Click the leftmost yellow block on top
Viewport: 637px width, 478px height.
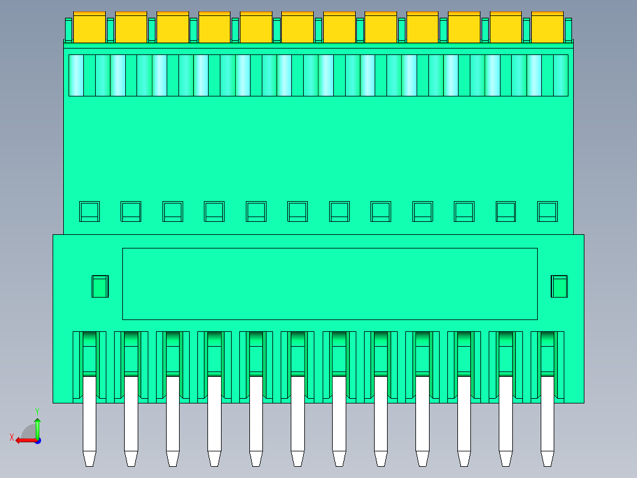[x=89, y=28]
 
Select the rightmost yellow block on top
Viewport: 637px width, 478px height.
[x=547, y=28]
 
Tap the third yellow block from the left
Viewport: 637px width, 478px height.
[x=173, y=28]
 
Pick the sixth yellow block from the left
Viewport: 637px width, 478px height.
[x=297, y=28]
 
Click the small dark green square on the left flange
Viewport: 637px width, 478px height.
[x=100, y=286]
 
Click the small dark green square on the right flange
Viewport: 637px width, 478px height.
[x=559, y=286]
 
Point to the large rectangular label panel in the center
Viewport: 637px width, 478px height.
[x=330, y=284]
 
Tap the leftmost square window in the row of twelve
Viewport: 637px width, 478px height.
[x=89, y=211]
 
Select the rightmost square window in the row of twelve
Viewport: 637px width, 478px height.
[x=547, y=211]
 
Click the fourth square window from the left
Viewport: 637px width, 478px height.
[x=214, y=211]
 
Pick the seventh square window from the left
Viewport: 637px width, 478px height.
[x=339, y=211]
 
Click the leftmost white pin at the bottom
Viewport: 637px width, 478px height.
[x=89, y=414]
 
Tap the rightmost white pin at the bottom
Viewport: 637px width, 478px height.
[x=547, y=414]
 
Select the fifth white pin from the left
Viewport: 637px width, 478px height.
[x=256, y=414]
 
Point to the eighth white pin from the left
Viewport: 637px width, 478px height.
[x=381, y=414]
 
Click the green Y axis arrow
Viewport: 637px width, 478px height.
[x=37, y=427]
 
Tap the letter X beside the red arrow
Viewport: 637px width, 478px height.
[x=11, y=438]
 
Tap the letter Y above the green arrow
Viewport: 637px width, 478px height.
[x=37, y=411]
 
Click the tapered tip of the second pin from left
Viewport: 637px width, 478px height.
[x=131, y=458]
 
